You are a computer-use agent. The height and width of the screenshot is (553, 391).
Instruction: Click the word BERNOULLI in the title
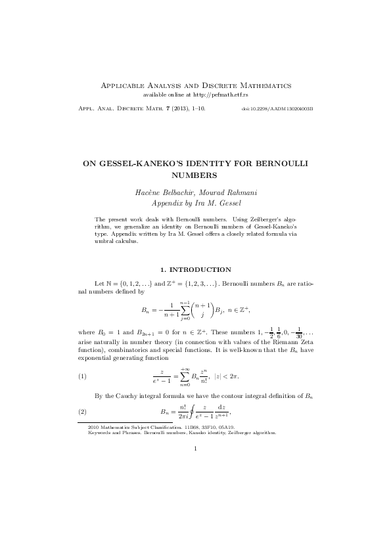[x=287, y=162]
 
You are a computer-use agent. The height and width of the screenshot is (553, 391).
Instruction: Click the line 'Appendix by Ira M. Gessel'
[x=195, y=203]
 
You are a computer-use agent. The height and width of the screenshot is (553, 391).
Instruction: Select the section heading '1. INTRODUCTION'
[x=195, y=269]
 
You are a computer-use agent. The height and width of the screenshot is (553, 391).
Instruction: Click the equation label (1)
[x=82, y=376]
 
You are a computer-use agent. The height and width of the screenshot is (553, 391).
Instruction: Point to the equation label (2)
[x=82, y=412]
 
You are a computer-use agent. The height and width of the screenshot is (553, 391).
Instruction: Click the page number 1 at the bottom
[x=195, y=449]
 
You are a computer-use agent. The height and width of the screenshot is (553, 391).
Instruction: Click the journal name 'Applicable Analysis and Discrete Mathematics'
[x=195, y=86]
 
